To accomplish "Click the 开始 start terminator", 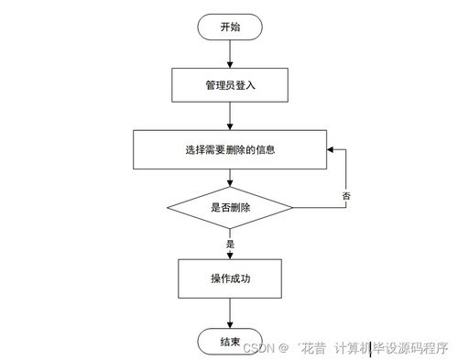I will (229, 27).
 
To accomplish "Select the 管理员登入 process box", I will (229, 87).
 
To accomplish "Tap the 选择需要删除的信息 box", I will (229, 148).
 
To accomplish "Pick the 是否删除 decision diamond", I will (229, 209).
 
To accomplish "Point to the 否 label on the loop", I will (346, 196).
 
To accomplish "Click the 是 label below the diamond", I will (231, 245).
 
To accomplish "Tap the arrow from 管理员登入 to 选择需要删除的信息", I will (229, 117).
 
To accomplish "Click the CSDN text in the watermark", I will (262, 347).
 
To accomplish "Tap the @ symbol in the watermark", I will (284, 347).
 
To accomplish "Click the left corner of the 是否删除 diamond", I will (166, 209).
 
